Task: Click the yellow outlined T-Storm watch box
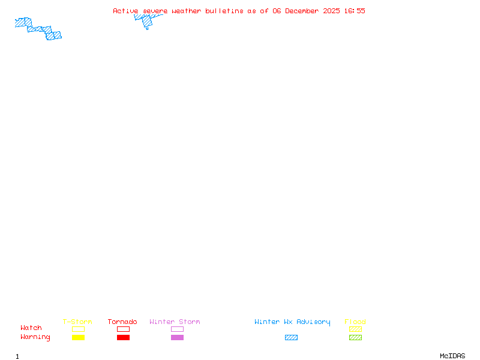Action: (78, 329)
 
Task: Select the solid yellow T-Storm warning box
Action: (78, 337)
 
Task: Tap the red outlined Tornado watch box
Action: (123, 329)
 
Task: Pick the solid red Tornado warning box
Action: (123, 337)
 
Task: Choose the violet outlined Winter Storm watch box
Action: (177, 329)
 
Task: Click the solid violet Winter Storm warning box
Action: (177, 337)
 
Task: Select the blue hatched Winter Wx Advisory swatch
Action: (291, 337)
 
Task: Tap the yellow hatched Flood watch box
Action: (355, 329)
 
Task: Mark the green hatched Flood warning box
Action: (355, 337)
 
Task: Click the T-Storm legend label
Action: (77, 322)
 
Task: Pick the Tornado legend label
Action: (122, 322)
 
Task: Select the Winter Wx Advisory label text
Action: (292, 322)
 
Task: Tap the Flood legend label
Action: (355, 322)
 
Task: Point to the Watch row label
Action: (31, 328)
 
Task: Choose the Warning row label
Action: (35, 337)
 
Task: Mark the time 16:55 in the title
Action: (355, 11)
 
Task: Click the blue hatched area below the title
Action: (146, 22)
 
